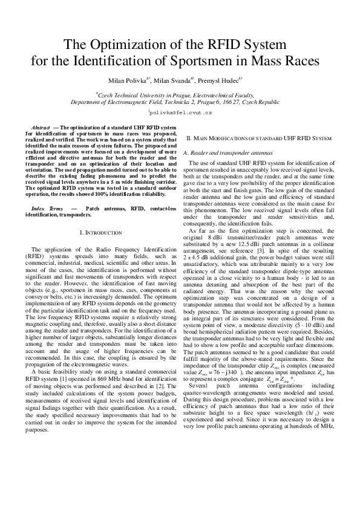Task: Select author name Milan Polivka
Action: [x=125, y=80]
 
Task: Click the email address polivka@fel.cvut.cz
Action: [x=180, y=113]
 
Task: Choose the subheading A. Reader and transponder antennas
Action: [x=228, y=154]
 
